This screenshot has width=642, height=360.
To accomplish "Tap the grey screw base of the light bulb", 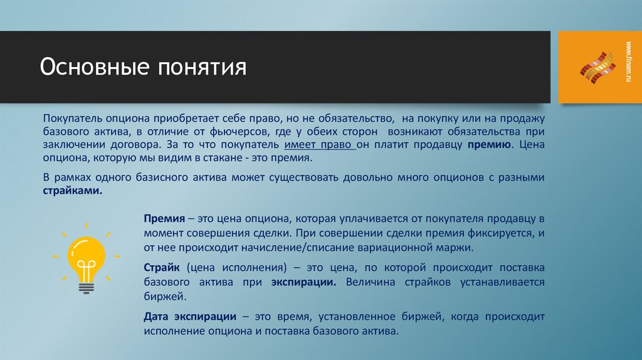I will click(86, 286).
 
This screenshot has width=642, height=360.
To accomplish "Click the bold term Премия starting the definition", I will click(163, 220).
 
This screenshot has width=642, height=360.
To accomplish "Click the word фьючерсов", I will click(290, 132).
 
